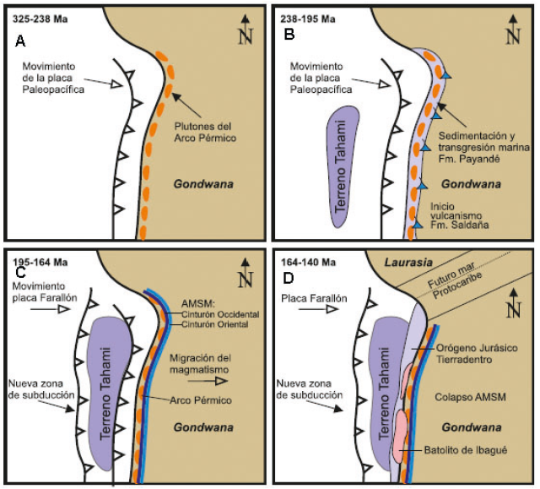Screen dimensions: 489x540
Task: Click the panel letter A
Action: coord(20,41)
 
